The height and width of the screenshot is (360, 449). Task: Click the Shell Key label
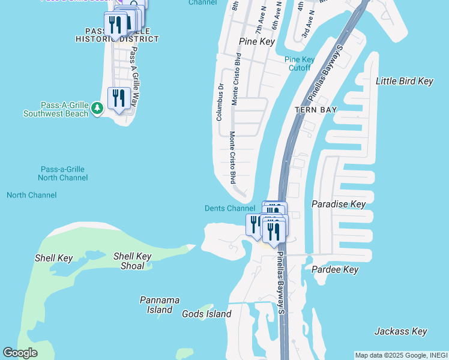53,259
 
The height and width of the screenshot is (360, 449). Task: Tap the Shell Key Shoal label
132,261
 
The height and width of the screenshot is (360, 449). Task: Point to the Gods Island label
206,314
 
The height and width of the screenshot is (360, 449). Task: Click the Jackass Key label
400,331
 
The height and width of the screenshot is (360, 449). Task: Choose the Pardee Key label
335,270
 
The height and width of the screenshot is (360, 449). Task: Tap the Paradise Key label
339,204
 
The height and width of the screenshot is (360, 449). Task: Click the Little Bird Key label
404,81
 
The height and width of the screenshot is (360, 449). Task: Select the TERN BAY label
316,110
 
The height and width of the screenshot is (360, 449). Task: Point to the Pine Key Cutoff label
300,64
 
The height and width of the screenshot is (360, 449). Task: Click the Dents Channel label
230,208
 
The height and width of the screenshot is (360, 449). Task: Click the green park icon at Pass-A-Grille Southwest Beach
97,108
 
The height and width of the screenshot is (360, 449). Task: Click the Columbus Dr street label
220,102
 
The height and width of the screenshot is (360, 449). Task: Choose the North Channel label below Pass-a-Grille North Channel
32,195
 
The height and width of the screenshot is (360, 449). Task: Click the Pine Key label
256,42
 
